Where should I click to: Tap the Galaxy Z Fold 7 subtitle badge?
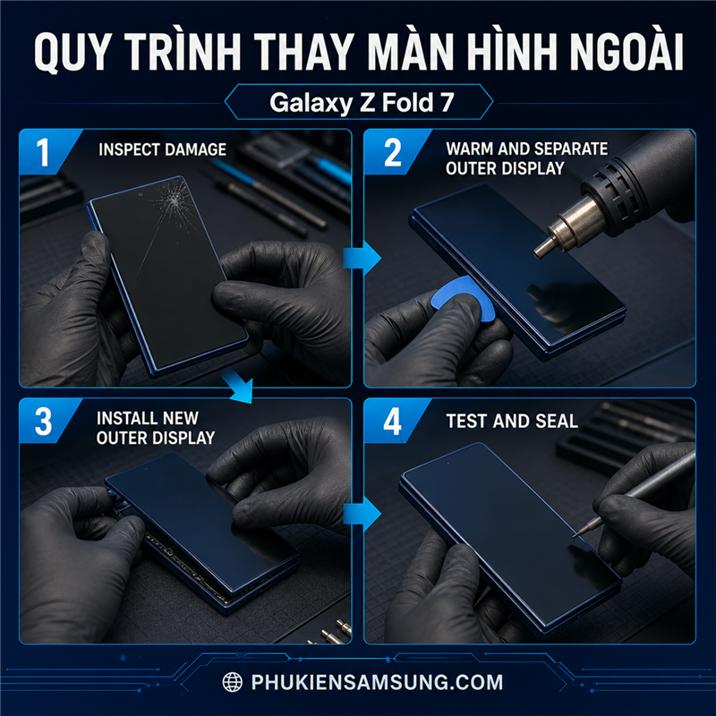[359, 102]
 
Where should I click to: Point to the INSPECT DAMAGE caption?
[163, 149]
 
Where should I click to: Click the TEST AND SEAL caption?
[512, 421]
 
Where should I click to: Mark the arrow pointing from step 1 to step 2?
[362, 258]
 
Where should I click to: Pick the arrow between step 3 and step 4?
[362, 514]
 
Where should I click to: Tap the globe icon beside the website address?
[232, 682]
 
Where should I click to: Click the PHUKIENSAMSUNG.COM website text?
[377, 682]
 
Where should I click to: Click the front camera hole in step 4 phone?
[448, 464]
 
